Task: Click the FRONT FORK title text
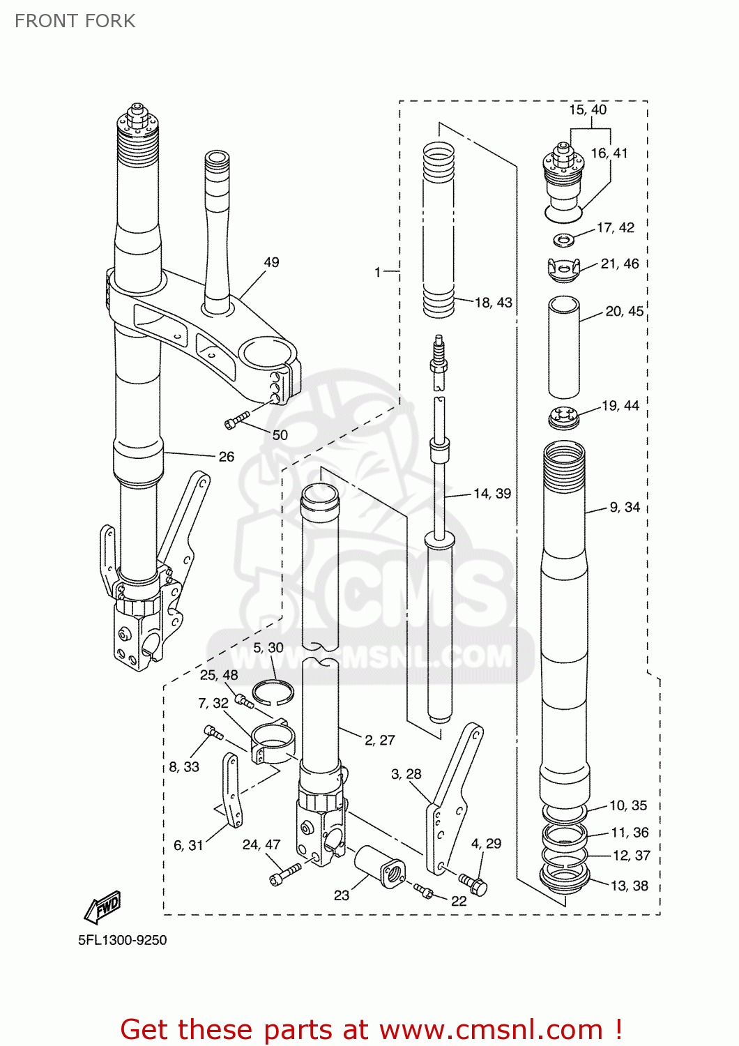pos(75,21)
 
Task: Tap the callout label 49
pos(271,262)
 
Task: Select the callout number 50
pos(280,434)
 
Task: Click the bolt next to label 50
pos(236,420)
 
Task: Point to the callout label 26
pos(227,457)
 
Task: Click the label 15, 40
pos(588,109)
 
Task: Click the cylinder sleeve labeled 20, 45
pos(563,347)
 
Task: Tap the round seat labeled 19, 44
pos(563,418)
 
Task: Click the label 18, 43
pos(494,303)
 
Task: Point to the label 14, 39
pos(492,494)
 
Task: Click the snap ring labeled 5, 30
pos(273,692)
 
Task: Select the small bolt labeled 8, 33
pos(213,732)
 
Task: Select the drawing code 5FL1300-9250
pos(123,940)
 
